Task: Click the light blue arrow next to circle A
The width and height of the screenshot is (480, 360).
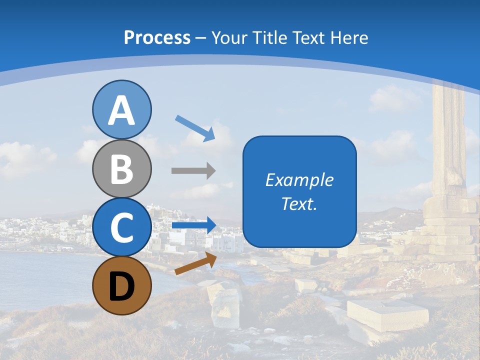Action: [195, 128]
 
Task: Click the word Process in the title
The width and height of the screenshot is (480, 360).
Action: [157, 37]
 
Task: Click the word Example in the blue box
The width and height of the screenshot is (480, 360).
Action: [299, 180]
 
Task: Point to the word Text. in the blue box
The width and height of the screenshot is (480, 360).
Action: [299, 203]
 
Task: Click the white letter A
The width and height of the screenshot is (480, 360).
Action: [122, 111]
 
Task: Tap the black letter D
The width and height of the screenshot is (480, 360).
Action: [122, 287]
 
